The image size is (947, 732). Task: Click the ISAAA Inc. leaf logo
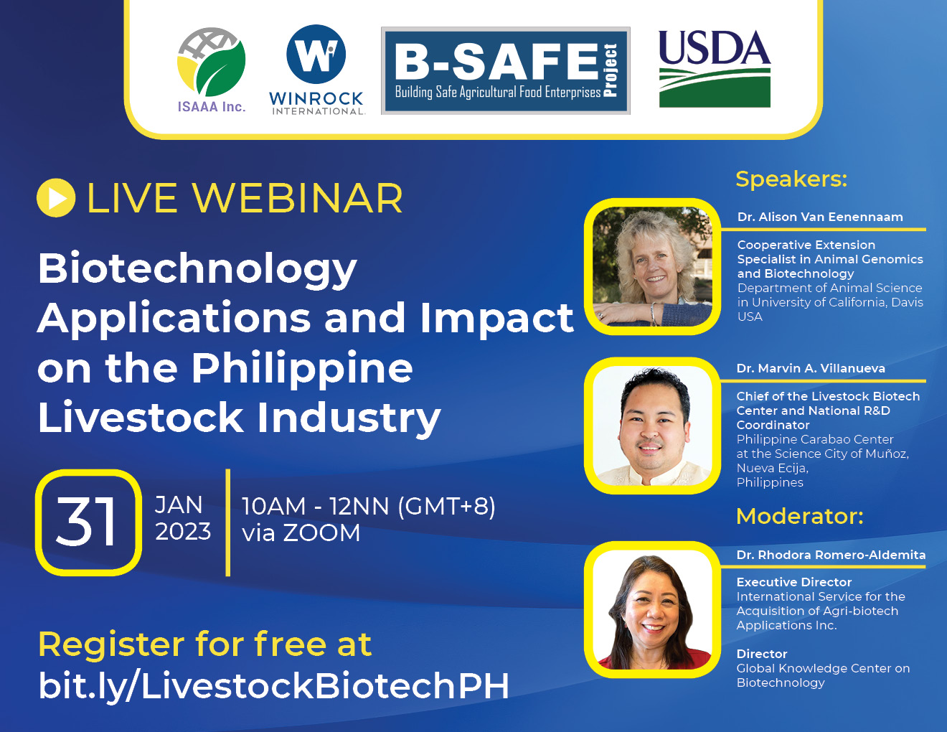[212, 62]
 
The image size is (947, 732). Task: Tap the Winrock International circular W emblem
[316, 54]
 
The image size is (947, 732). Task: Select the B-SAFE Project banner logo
[506, 70]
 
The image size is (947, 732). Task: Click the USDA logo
[715, 68]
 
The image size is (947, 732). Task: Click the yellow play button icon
[56, 198]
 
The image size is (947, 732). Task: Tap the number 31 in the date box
[87, 522]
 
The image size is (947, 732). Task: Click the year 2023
[183, 532]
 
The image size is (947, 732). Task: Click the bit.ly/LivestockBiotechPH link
[273, 687]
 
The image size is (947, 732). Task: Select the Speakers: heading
[791, 179]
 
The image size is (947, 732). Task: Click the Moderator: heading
[800, 516]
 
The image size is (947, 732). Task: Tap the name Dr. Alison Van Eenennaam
[820, 217]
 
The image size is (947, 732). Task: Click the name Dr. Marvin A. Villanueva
[811, 368]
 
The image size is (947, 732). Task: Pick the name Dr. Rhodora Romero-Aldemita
[831, 555]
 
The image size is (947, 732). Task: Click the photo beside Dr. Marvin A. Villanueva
[652, 426]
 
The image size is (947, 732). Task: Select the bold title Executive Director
[794, 582]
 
